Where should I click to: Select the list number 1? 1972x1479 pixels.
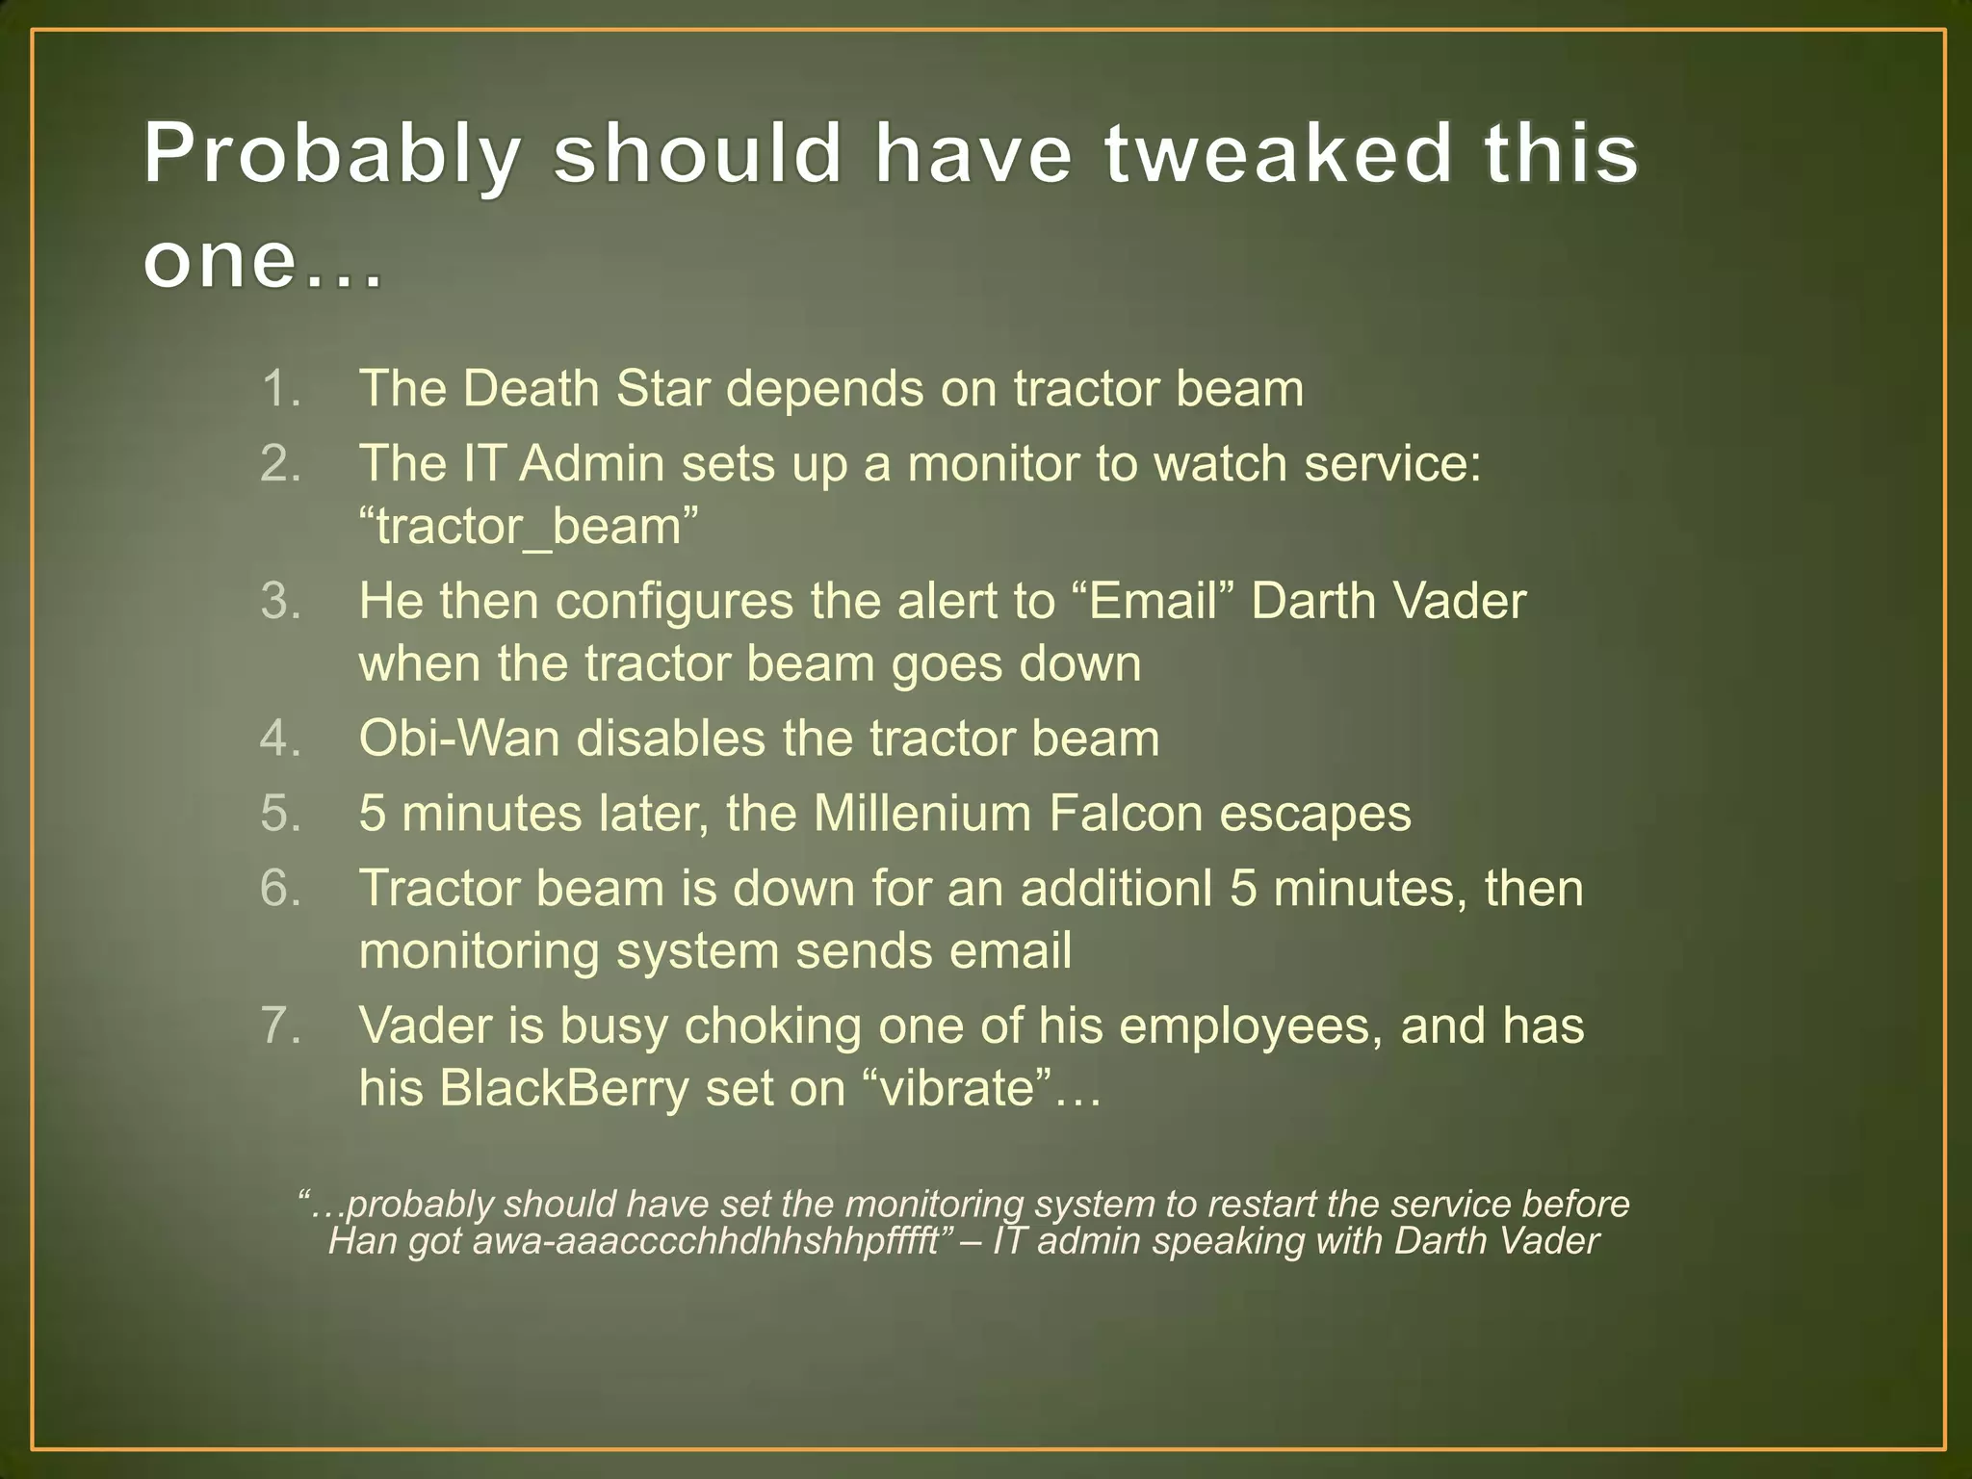280,389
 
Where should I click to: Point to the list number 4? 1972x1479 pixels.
280,739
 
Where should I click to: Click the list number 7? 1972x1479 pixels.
280,1025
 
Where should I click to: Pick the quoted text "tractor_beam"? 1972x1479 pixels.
528,527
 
